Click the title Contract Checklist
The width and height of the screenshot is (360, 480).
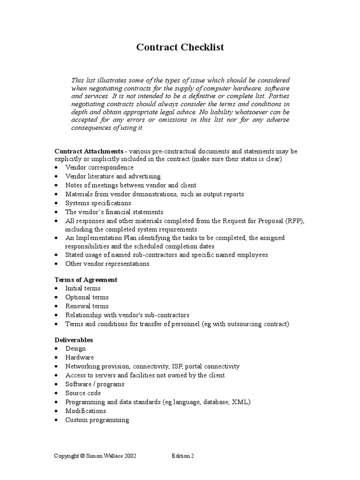click(180, 47)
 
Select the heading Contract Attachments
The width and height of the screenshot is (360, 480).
click(89, 151)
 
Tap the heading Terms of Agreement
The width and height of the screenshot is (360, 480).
click(86, 280)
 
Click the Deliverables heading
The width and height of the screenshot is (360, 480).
click(74, 340)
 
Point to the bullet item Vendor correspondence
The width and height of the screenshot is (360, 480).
click(99, 167)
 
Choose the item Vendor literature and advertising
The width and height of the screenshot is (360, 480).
click(113, 177)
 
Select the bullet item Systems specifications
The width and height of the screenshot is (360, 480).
click(98, 203)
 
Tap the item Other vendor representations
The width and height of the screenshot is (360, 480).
click(107, 264)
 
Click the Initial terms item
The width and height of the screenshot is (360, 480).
click(83, 288)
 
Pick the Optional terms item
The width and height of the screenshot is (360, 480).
click(87, 297)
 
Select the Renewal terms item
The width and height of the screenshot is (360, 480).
click(87, 306)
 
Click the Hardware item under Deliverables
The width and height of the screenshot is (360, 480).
click(80, 358)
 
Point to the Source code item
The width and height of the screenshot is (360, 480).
click(83, 393)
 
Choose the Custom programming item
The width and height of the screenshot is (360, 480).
click(97, 420)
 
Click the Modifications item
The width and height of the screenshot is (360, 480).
click(85, 411)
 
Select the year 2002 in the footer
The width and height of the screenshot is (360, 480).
click(129, 456)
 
